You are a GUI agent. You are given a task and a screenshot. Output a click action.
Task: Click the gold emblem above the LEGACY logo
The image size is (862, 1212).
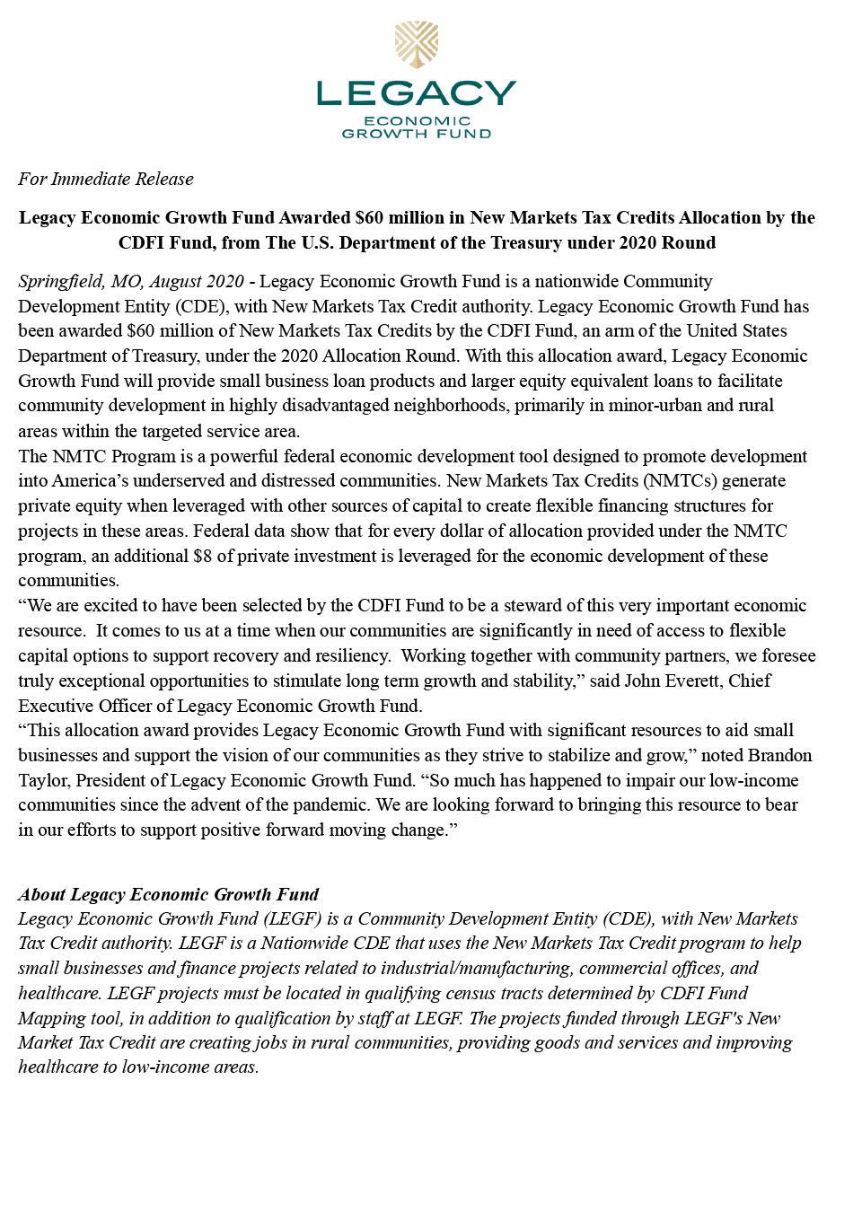[416, 45]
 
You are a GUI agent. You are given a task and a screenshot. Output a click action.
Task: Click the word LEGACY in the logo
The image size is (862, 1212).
[416, 93]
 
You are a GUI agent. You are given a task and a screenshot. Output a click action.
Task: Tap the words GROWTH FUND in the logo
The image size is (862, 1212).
[416, 134]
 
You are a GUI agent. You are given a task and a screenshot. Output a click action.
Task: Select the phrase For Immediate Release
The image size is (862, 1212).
[106, 179]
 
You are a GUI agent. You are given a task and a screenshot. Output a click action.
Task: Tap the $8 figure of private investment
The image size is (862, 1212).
[202, 556]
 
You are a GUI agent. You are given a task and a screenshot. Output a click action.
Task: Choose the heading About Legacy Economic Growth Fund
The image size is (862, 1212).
[169, 894]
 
